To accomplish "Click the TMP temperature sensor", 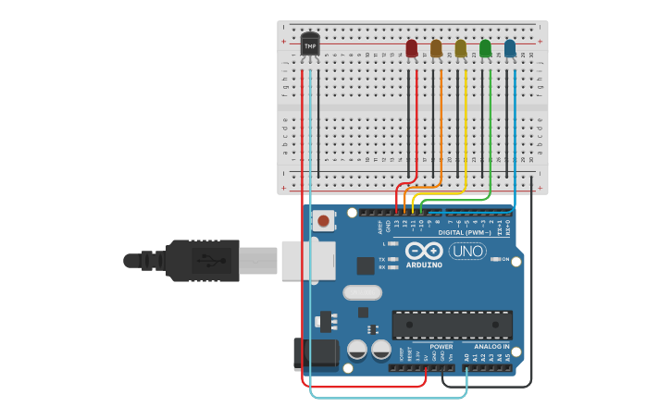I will pyautogui.click(x=310, y=43).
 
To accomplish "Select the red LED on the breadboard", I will pyautogui.click(x=412, y=48).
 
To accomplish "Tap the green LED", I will pyautogui.click(x=485, y=48).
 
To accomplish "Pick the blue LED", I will pyautogui.click(x=510, y=48).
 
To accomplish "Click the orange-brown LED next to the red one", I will pyautogui.click(x=436, y=48).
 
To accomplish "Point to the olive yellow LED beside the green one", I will pyautogui.click(x=461, y=48).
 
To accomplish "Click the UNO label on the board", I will pyautogui.click(x=467, y=251).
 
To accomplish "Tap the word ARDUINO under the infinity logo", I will pyautogui.click(x=424, y=265).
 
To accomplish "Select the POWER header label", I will pyautogui.click(x=441, y=347).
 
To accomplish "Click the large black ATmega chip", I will pyautogui.click(x=452, y=325).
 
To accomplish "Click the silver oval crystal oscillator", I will pyautogui.click(x=362, y=292).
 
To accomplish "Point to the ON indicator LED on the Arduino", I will pyautogui.click(x=494, y=259).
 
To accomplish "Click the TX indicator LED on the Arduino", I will pyautogui.click(x=393, y=259).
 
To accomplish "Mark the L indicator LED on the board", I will pyautogui.click(x=393, y=243).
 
